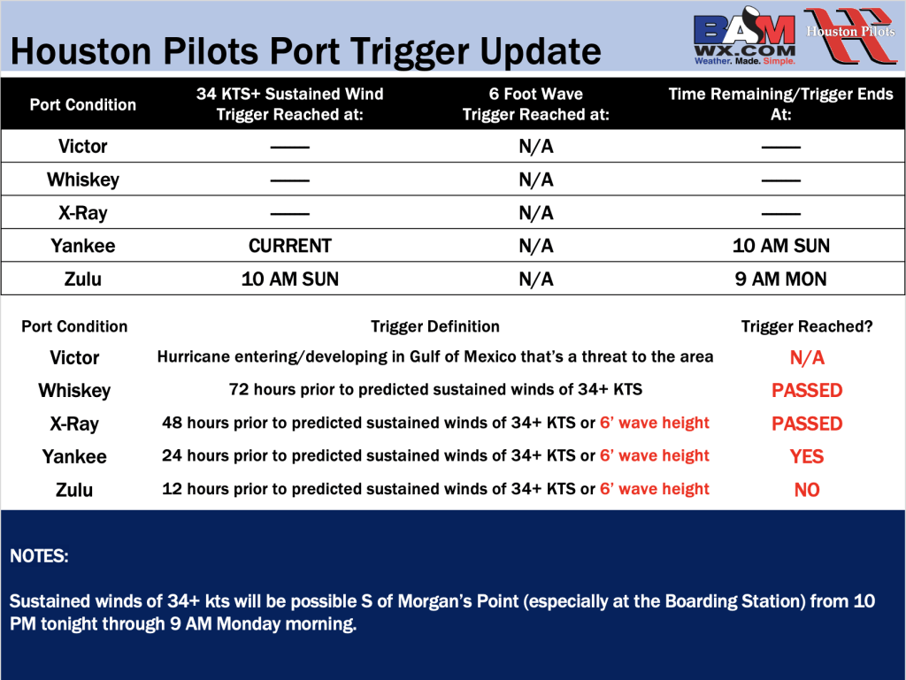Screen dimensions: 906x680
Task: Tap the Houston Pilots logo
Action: [850, 34]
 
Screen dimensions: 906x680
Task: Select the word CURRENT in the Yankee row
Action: [290, 246]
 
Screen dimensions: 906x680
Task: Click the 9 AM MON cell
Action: [780, 279]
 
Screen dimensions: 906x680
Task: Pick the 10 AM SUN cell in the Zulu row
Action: [290, 279]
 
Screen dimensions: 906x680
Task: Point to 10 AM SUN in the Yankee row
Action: [780, 246]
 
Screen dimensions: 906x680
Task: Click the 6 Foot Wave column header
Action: [535, 104]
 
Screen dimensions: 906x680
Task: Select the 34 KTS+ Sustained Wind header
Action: [290, 104]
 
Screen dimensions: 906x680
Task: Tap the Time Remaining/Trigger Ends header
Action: [780, 104]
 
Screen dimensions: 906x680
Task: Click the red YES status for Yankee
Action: [807, 456]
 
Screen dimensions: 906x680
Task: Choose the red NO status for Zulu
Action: [807, 490]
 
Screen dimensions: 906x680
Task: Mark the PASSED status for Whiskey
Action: [807, 390]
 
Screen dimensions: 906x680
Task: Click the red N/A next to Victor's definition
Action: [807, 358]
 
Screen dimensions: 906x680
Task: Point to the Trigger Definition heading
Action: [435, 326]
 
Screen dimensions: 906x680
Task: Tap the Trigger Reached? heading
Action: [807, 326]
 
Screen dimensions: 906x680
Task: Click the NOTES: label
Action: [39, 556]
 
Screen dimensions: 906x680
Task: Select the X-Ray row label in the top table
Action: [82, 213]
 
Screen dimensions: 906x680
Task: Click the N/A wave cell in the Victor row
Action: [535, 147]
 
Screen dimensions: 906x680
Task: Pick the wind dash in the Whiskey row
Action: [290, 180]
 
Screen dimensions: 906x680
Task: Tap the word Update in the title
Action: [541, 52]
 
